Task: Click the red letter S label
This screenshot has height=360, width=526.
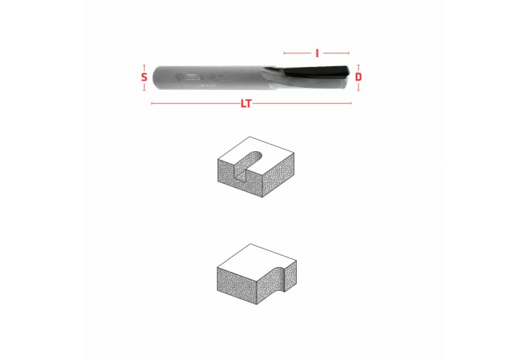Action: (144, 76)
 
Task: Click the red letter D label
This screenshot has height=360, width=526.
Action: (358, 76)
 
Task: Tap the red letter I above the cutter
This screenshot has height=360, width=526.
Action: (317, 53)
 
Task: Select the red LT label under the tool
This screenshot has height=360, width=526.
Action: (246, 104)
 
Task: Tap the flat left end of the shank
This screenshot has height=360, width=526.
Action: (154, 76)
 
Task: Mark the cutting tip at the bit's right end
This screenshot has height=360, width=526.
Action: (349, 76)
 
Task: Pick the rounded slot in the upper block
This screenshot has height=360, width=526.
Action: (248, 160)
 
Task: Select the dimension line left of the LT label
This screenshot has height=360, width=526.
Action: (195, 104)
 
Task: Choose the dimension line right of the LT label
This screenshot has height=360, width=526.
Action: (303, 104)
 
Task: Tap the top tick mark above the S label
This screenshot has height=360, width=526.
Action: (144, 64)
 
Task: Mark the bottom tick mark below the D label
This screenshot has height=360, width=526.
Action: (358, 89)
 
